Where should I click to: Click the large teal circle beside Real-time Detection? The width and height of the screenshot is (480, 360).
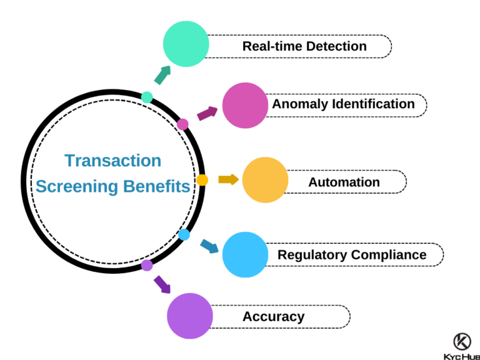[x=186, y=44]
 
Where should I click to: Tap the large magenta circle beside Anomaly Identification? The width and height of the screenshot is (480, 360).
[x=245, y=106]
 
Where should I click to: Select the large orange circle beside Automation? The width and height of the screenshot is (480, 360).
[x=265, y=180]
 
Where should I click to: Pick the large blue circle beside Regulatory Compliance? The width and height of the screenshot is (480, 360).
[x=245, y=254]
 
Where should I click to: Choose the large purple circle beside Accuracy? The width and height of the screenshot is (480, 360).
[x=190, y=316]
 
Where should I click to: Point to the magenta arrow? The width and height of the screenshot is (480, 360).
[x=207, y=113]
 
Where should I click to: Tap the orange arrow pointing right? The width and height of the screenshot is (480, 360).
[x=228, y=179]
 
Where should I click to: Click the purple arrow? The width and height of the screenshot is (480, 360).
[x=162, y=284]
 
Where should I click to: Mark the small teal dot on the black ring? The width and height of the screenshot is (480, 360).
[x=147, y=97]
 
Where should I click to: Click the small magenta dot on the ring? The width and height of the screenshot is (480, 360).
[x=182, y=124]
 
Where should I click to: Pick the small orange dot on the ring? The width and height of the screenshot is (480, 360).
[x=202, y=180]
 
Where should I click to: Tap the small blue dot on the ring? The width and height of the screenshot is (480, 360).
[x=184, y=234]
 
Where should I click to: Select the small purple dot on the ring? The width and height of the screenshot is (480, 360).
[x=147, y=265]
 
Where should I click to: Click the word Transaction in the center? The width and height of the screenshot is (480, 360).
[x=113, y=161]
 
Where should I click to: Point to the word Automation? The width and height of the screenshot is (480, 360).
[x=344, y=182]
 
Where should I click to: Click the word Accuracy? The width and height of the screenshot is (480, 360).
[x=273, y=316]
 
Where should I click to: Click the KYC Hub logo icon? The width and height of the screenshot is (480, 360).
[x=462, y=341]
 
